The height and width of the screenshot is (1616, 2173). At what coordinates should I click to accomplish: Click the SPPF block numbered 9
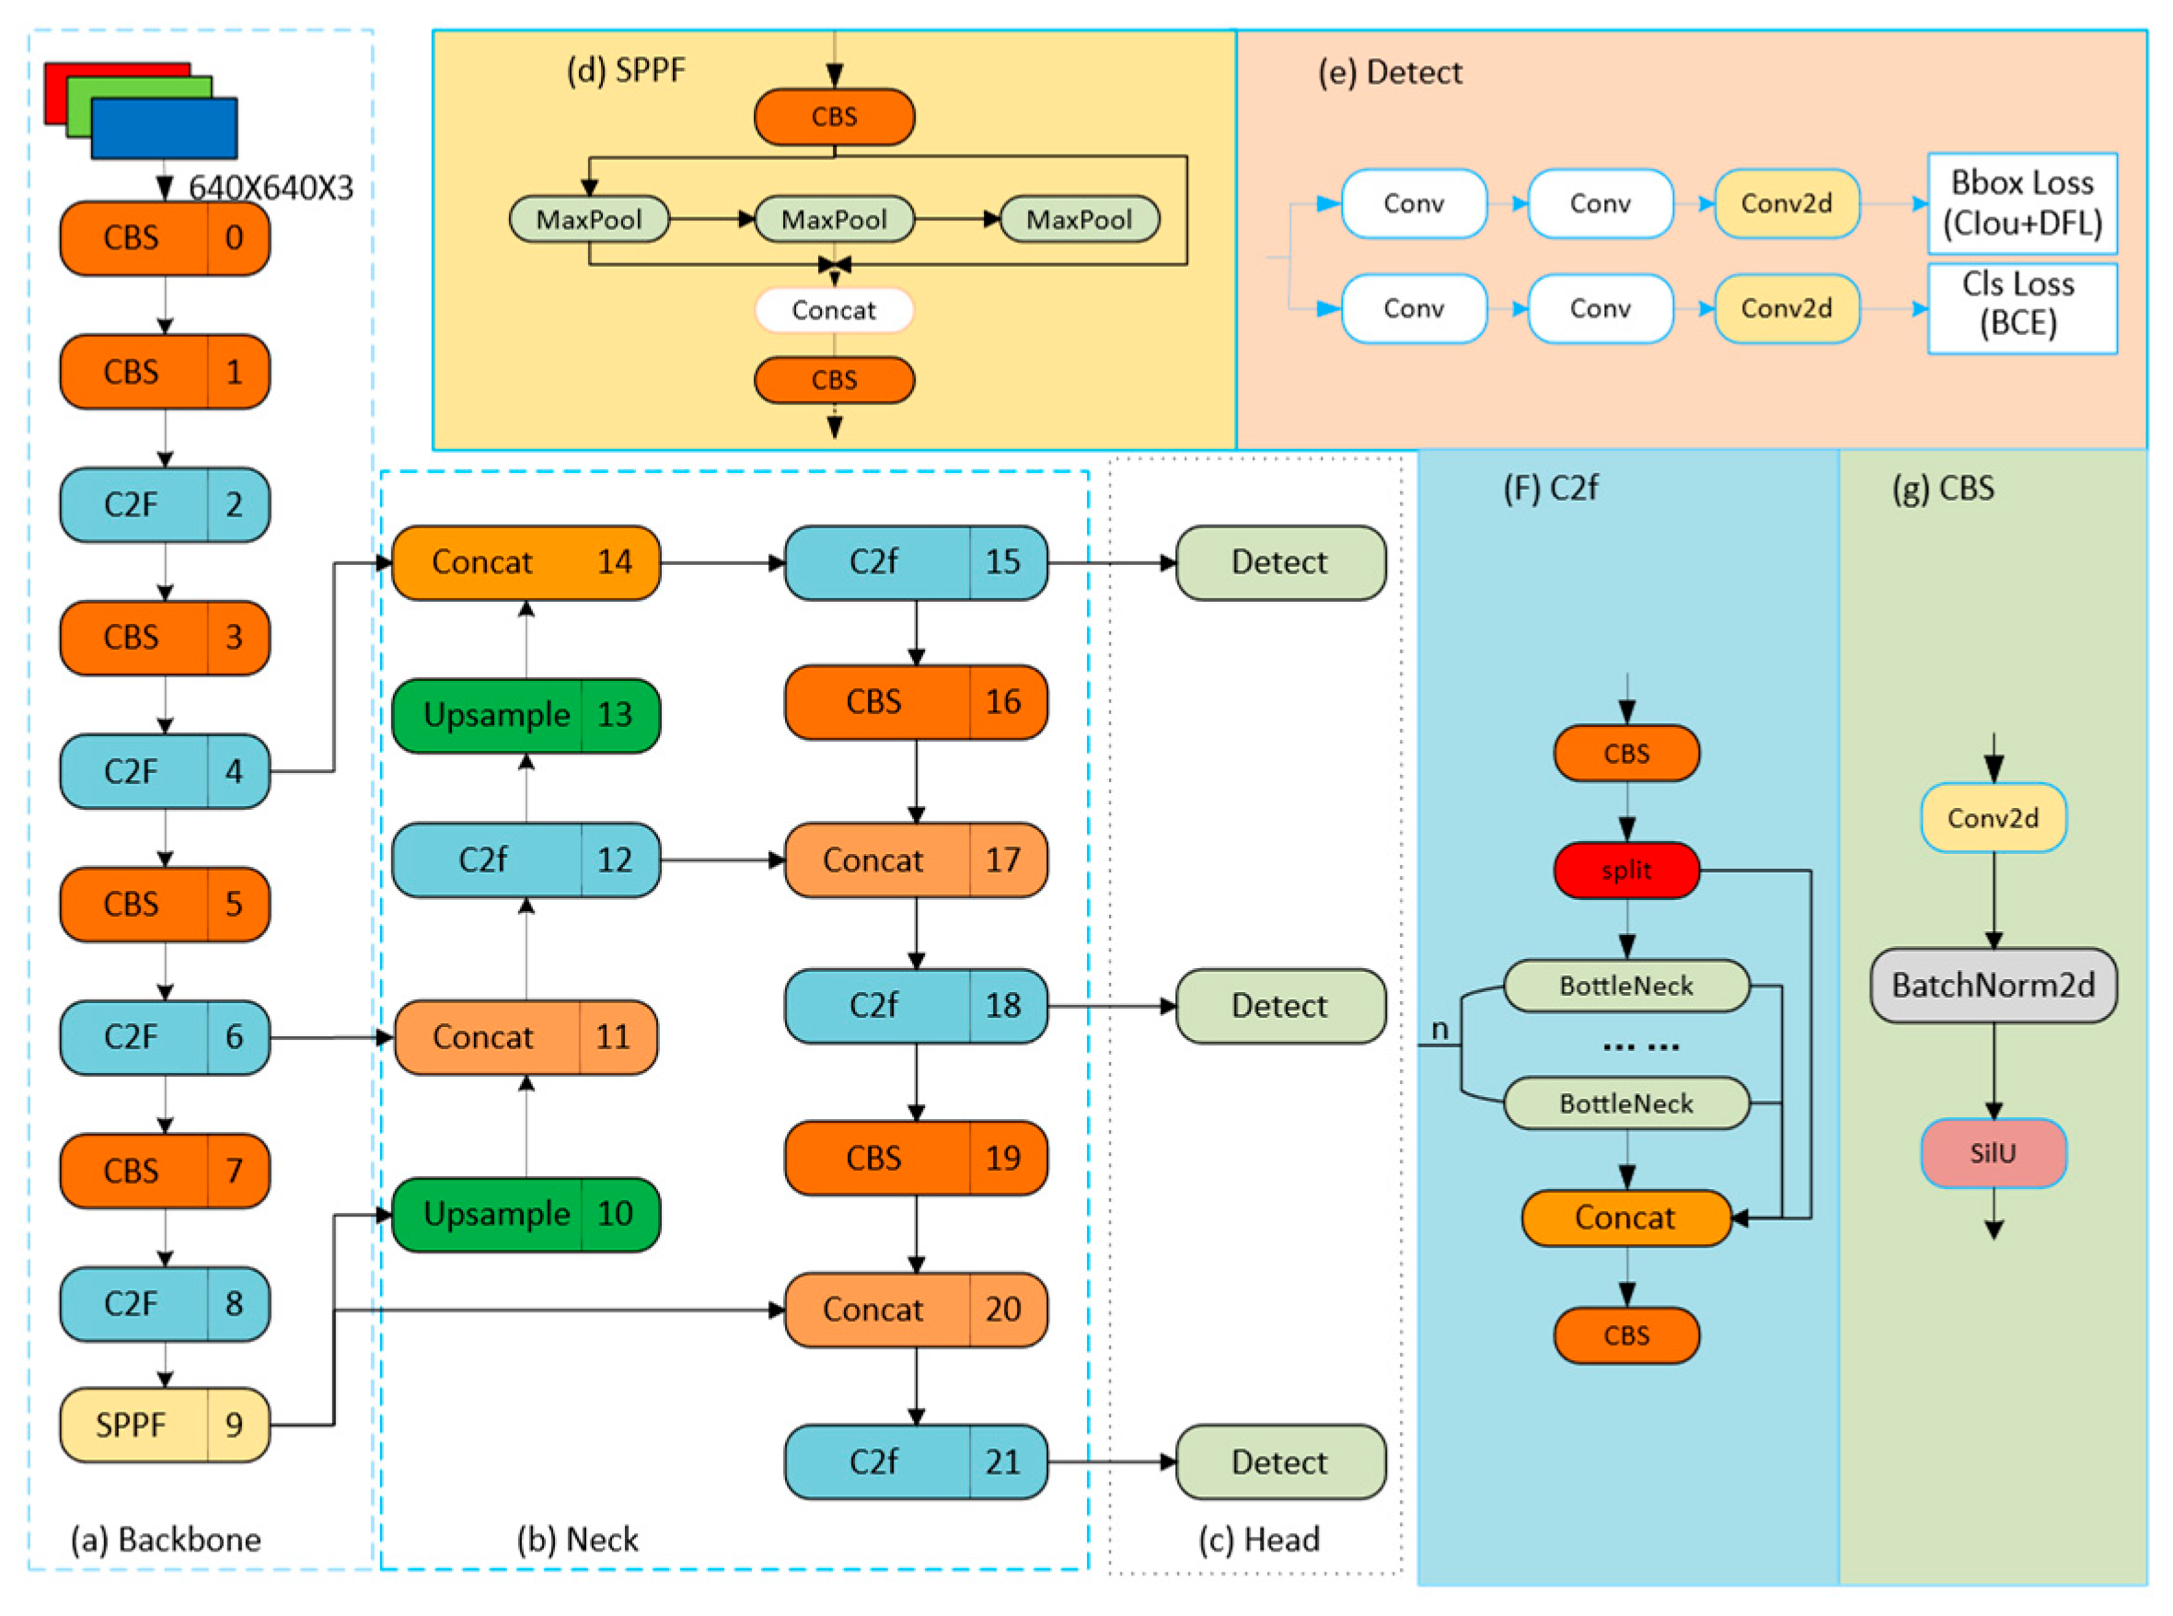(165, 1425)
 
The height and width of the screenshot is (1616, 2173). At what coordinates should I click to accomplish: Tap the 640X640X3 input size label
(270, 187)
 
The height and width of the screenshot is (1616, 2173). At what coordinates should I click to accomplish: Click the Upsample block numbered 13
(526, 715)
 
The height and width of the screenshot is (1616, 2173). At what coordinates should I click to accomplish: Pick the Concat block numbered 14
(526, 562)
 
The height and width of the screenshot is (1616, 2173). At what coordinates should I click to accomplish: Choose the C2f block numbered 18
(915, 1006)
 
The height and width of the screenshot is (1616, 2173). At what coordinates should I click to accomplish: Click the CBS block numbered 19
(915, 1159)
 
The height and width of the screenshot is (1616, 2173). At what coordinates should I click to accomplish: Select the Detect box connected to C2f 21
(1279, 1462)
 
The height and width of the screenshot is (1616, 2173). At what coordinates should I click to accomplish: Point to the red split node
(1626, 870)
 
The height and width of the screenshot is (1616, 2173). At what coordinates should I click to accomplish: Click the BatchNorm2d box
(1993, 985)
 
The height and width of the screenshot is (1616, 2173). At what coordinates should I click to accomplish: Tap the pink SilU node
(1993, 1153)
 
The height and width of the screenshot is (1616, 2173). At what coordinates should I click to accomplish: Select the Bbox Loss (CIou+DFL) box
(2021, 203)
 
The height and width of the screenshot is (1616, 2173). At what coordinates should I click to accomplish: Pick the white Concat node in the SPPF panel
(834, 310)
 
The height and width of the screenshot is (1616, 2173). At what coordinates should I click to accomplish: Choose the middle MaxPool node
(834, 219)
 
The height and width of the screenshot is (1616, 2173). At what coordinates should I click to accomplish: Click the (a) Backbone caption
(166, 1540)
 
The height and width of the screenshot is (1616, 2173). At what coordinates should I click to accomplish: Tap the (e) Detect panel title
(1390, 73)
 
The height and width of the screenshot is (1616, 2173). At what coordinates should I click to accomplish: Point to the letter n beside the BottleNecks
(1439, 1029)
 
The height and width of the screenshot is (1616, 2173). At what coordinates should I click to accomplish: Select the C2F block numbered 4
(165, 771)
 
